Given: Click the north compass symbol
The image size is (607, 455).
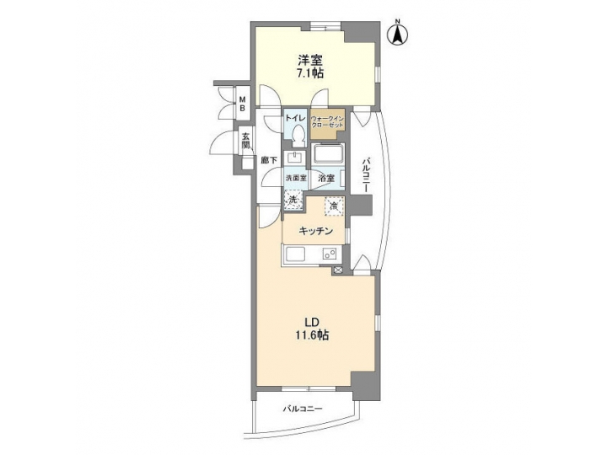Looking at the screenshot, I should (x=396, y=35).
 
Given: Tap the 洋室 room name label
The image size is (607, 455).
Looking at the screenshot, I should (x=309, y=61).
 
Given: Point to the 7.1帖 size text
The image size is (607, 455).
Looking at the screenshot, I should (x=309, y=74).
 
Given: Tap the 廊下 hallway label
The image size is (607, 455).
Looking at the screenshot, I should (x=267, y=160).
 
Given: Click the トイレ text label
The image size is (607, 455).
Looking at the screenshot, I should (x=294, y=118).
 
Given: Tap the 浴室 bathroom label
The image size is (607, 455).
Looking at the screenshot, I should (x=327, y=179).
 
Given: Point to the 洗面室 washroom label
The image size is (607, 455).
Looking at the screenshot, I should (x=295, y=178).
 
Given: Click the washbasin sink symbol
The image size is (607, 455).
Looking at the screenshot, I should (x=295, y=158).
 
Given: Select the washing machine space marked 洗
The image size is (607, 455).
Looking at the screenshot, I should (x=293, y=200).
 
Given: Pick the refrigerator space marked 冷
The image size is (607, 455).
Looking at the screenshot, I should (x=333, y=205).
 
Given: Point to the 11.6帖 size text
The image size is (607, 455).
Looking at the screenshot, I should (x=310, y=335).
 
